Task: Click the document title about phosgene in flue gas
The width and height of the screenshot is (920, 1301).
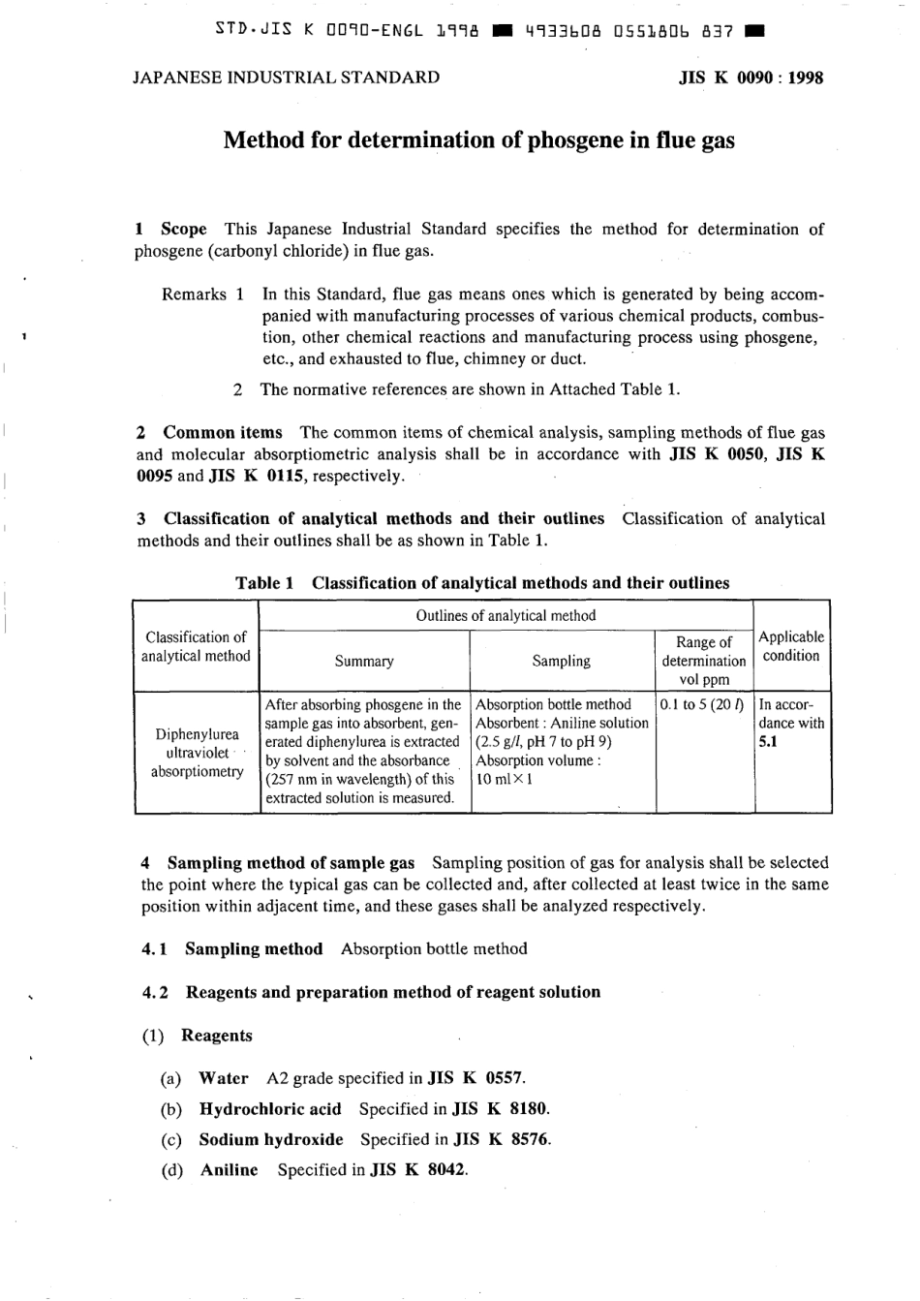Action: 478,140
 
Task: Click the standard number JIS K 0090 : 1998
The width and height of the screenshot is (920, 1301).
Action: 751,78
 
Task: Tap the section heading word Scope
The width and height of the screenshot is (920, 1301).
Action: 183,230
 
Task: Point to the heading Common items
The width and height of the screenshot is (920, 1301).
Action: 223,433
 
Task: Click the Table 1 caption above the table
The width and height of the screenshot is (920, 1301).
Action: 482,583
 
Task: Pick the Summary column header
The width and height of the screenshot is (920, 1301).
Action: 364,662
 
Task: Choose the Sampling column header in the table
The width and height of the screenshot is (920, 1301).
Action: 561,662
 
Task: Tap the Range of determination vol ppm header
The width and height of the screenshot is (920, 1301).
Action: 704,661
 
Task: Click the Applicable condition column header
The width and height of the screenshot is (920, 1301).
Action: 791,646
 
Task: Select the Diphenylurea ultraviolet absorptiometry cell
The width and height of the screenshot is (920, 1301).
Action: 197,753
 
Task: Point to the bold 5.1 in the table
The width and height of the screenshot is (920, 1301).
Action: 768,742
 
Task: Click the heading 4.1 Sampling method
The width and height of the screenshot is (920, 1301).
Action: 232,949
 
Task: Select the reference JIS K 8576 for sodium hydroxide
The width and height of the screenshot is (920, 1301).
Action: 502,1140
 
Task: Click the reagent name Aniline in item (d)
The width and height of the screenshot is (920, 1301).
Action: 230,1170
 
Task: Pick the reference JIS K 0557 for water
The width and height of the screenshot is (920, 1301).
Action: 475,1078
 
